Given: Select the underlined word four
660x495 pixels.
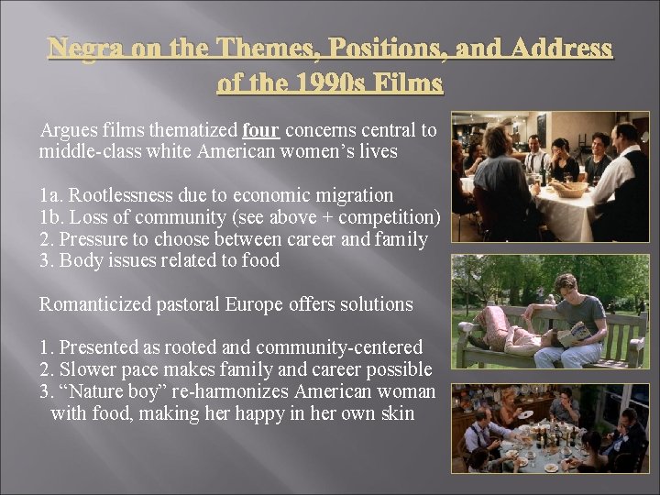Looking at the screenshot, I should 264,130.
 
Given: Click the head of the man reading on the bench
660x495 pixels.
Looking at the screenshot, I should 566,286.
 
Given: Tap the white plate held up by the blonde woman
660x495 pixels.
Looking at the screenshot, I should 528,413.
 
